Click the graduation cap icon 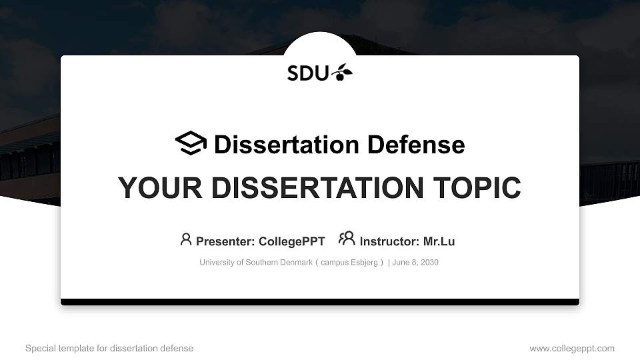[191, 143]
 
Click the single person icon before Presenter [186, 239]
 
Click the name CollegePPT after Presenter [291, 241]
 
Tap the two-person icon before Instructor [347, 238]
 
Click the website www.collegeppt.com [572, 349]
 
